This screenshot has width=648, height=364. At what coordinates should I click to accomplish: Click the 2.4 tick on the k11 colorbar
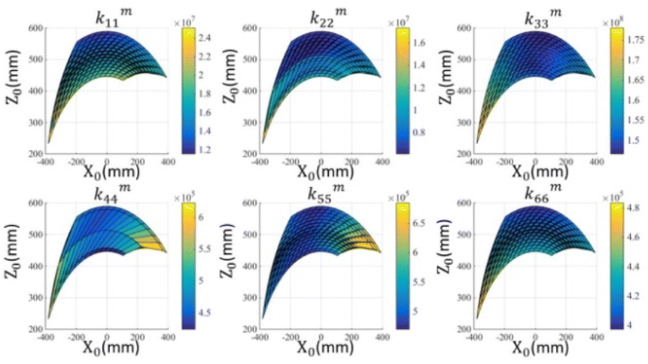(x=206, y=39)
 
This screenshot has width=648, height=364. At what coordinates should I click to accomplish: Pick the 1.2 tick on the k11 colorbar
(x=206, y=148)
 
